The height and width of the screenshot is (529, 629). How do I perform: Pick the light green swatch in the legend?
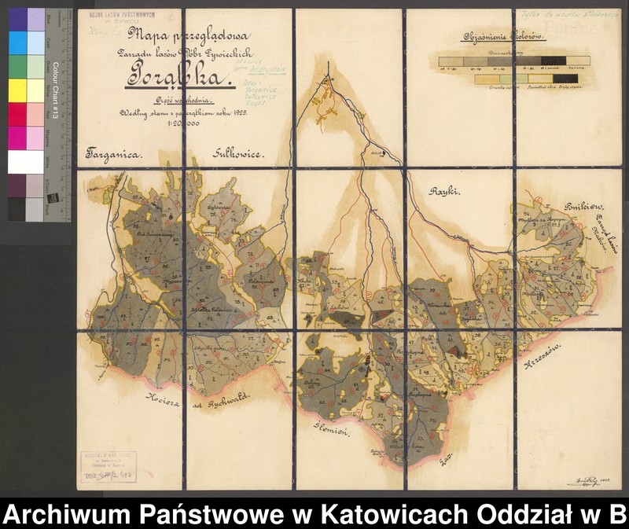point(523,79)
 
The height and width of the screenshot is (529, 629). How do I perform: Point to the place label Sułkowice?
point(239,155)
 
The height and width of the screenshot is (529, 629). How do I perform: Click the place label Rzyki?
point(444,191)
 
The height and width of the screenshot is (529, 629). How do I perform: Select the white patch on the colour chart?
point(26,161)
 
